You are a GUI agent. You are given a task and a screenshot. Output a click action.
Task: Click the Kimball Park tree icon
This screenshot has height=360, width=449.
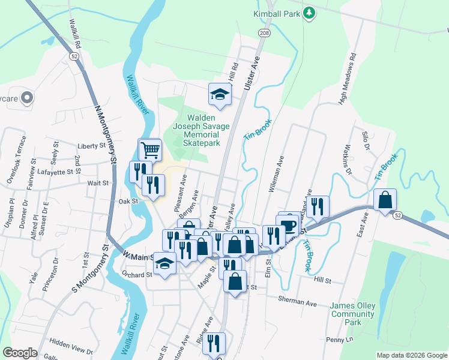pos(309,13)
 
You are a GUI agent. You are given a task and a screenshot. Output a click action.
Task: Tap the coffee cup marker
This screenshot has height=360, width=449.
pos(289,224)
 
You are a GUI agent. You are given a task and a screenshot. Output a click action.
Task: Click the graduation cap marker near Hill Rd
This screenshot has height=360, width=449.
pos(220,94)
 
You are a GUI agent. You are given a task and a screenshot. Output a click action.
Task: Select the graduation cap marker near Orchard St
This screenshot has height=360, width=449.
pos(164,263)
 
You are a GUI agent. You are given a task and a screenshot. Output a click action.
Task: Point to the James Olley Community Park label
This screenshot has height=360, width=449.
pos(352,314)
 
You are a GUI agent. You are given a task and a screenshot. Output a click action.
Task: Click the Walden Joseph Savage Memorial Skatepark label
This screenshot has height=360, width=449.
pos(201,130)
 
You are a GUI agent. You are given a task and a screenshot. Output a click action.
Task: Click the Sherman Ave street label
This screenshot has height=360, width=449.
pos(297,298)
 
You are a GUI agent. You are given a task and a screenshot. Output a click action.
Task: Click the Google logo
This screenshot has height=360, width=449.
pos(20,353)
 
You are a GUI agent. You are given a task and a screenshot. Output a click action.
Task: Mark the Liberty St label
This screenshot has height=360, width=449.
pos(92,146)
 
